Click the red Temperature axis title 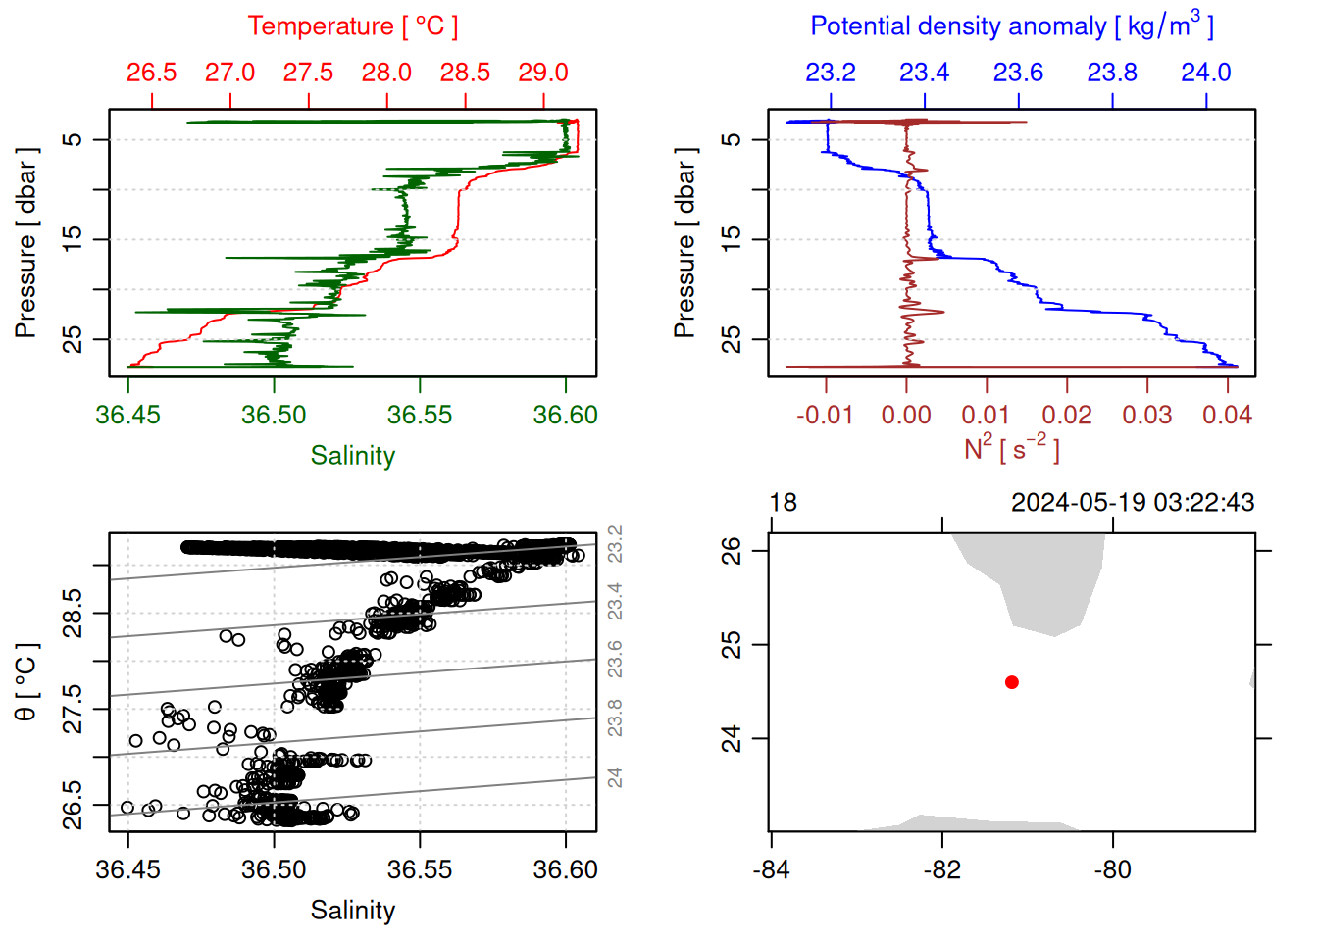tap(352, 25)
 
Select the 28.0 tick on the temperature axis tap(386, 73)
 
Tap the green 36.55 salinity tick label tap(420, 415)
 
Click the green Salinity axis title tap(352, 456)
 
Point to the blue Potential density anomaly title tap(1011, 25)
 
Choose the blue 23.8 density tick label tap(1112, 73)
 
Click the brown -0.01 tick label tap(825, 415)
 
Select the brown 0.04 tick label tap(1227, 415)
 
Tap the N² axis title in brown tap(1011, 448)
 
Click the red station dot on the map tap(1012, 682)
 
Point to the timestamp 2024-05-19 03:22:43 tap(1133, 503)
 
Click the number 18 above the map tap(783, 503)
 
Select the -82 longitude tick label tap(942, 869)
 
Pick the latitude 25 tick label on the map tap(732, 645)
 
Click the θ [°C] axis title tap(25, 682)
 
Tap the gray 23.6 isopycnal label tap(615, 659)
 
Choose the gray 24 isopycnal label tap(615, 777)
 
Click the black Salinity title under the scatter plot tap(352, 911)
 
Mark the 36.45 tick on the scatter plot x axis tap(127, 869)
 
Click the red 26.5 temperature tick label tap(152, 73)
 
